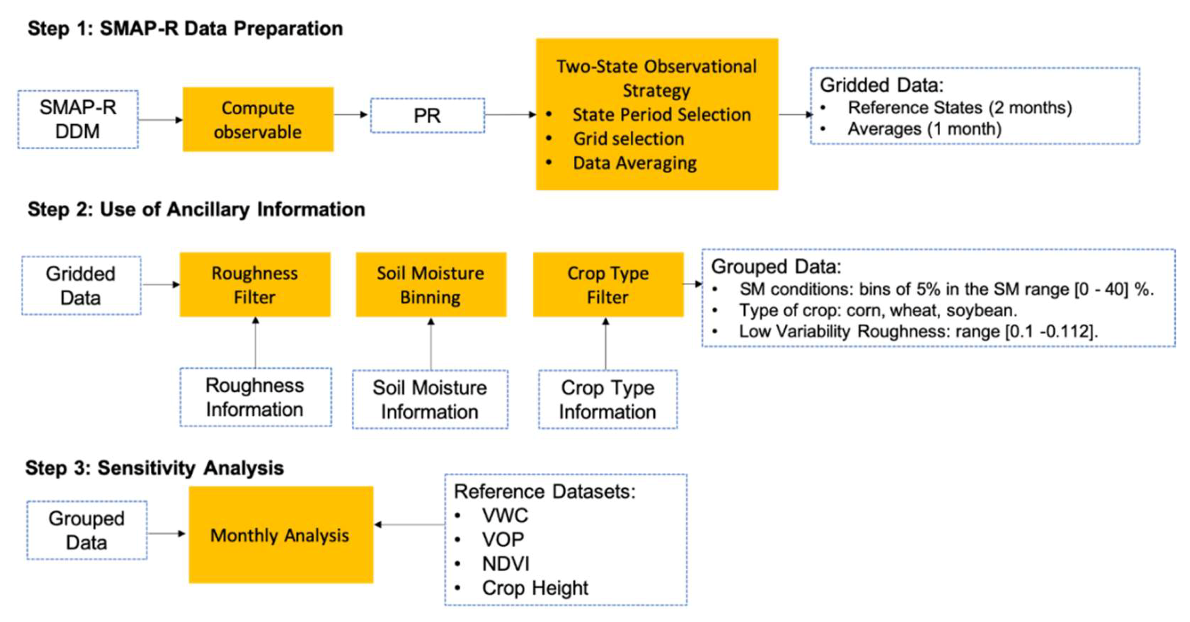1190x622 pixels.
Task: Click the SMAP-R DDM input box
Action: coord(78,120)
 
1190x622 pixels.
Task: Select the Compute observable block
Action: coord(258,120)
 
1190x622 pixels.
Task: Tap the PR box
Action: coord(427,116)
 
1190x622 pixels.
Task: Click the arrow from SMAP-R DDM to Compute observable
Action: coord(160,120)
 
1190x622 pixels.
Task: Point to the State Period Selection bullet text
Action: coord(661,115)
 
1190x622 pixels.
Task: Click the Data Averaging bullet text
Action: coord(634,163)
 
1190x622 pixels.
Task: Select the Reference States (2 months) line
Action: coord(960,108)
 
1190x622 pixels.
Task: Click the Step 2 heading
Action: coord(196,209)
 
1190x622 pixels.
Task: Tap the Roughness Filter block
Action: coord(255,285)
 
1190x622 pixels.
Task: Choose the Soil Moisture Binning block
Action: coord(431,285)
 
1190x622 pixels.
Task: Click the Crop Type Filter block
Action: coord(608,285)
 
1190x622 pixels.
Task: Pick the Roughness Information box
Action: coord(255,398)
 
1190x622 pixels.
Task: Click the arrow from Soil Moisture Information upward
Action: coord(431,343)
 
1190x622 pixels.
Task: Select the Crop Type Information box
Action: coord(608,399)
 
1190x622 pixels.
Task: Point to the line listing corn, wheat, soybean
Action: coord(878,311)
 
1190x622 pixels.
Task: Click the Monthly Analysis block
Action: coord(281,535)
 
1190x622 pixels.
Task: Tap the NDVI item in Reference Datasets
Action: coord(506,564)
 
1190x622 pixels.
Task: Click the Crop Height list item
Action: coord(535,588)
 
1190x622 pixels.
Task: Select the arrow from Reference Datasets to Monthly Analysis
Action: coord(409,525)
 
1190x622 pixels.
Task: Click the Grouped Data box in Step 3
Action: coord(87,530)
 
